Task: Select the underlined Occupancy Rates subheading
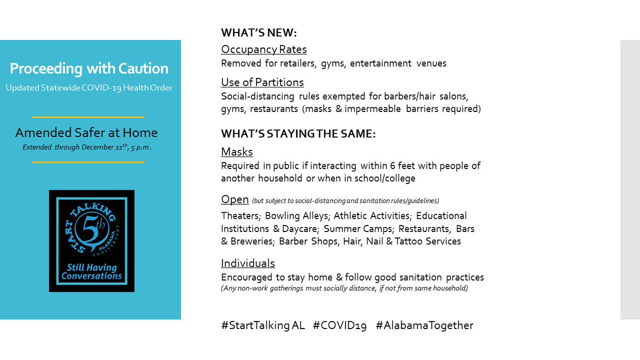pos(264,50)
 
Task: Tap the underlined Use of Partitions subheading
pos(262,82)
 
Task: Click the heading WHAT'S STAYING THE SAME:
pos(299,134)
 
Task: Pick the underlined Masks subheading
pos(237,152)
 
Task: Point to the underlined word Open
pos(235,199)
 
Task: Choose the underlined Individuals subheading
pos(248,263)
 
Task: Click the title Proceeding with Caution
pos(89,68)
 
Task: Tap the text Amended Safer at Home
pos(86,132)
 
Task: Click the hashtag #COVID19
pos(340,325)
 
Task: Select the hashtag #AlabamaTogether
pos(425,325)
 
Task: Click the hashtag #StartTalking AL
pos(263,325)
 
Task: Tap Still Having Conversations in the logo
pos(92,272)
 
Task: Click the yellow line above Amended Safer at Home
pos(88,117)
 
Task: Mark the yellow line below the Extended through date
pos(88,162)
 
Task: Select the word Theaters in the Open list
pos(241,216)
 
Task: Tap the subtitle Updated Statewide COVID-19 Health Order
pos(89,87)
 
